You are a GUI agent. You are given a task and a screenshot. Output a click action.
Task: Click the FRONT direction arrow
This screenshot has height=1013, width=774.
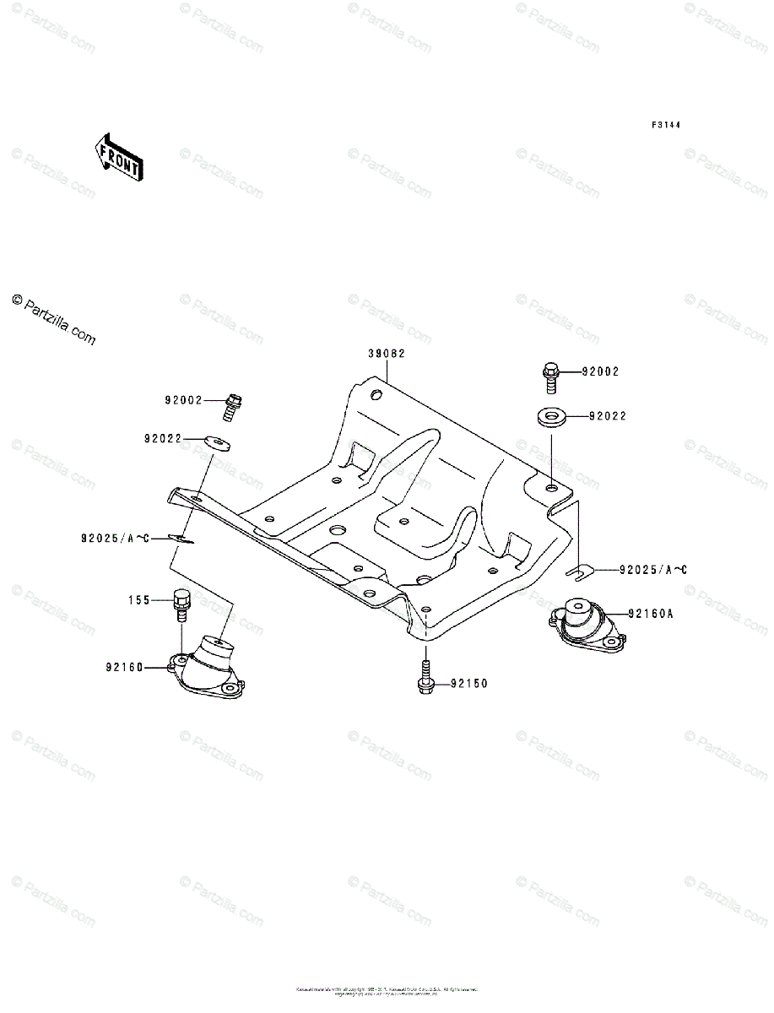[x=118, y=157]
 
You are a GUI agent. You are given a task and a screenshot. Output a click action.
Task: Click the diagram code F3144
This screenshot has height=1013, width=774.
[x=666, y=125]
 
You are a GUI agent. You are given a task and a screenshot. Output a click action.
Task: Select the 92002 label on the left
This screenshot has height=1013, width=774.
[x=184, y=401]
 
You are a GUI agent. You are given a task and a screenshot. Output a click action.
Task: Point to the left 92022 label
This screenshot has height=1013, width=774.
[x=163, y=439]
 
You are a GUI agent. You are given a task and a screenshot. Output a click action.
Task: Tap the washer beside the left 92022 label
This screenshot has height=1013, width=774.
[x=218, y=441]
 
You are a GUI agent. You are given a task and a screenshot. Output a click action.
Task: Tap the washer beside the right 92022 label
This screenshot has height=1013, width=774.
[x=549, y=416]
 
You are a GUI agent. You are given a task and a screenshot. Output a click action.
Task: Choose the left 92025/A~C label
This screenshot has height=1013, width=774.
[x=115, y=537]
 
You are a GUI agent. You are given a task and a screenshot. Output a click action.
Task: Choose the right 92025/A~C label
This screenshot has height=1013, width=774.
[x=653, y=570]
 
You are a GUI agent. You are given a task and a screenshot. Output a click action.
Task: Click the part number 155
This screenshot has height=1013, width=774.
[x=138, y=600]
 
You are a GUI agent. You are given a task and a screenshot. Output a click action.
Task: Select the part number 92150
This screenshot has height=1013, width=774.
[x=468, y=683]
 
